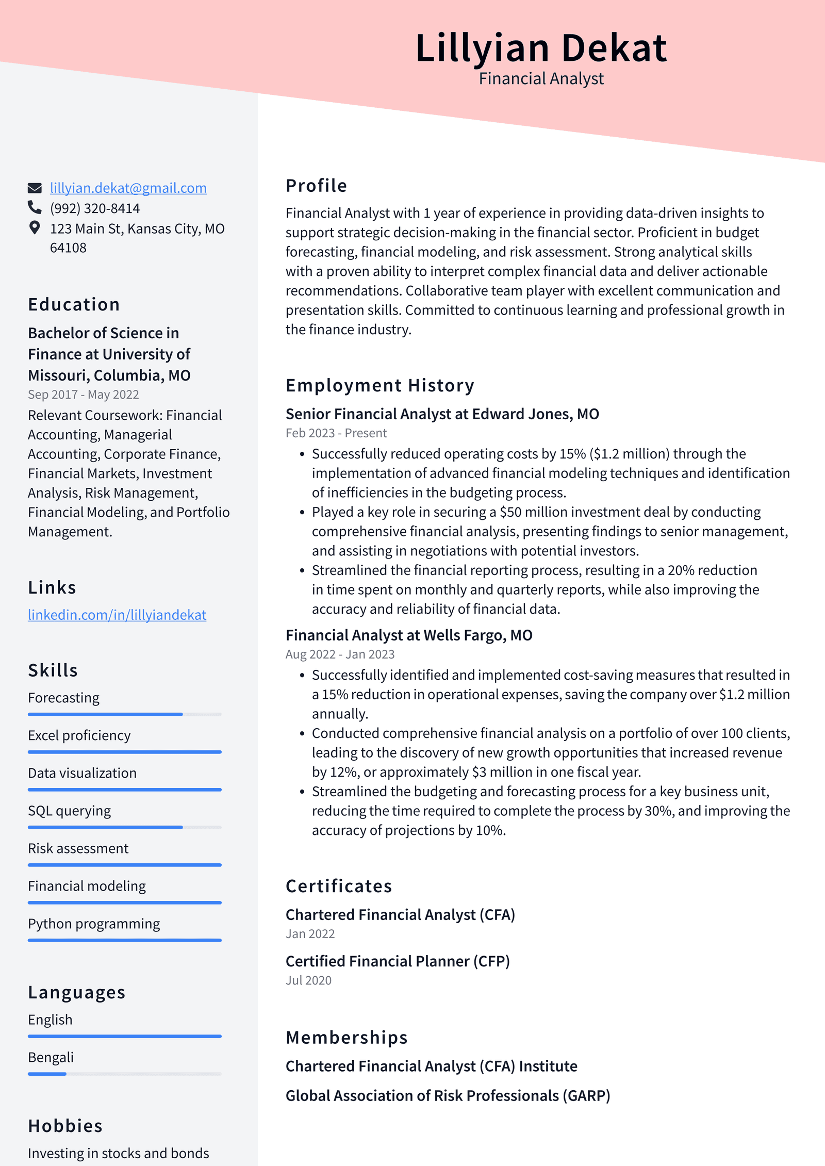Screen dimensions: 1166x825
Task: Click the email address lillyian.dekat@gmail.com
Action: (128, 188)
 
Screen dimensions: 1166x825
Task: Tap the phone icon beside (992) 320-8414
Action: (35, 207)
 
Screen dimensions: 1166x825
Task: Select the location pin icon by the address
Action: (35, 227)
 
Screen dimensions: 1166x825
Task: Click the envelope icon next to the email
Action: (35, 188)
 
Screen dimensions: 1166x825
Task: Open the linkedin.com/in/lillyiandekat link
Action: (117, 615)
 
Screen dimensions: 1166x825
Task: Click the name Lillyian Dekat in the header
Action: (541, 48)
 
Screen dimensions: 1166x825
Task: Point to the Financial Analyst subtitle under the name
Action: (541, 78)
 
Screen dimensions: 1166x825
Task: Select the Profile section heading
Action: (316, 186)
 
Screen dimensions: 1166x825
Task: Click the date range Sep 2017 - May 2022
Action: (84, 395)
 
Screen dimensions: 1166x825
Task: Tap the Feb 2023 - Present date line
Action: (336, 433)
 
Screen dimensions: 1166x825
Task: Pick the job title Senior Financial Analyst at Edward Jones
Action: (442, 414)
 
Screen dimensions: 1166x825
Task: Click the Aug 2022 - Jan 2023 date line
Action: (340, 654)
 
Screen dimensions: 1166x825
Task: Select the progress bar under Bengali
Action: (124, 1074)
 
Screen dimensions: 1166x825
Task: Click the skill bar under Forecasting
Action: (124, 714)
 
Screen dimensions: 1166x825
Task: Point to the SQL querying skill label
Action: (69, 811)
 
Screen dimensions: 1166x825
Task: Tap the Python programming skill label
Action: (94, 924)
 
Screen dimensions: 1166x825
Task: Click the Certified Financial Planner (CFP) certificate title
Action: (398, 961)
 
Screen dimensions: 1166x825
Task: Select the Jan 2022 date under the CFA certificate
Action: (310, 934)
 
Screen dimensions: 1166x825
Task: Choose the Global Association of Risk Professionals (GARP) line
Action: (448, 1095)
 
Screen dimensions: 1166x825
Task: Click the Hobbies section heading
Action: (65, 1126)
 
